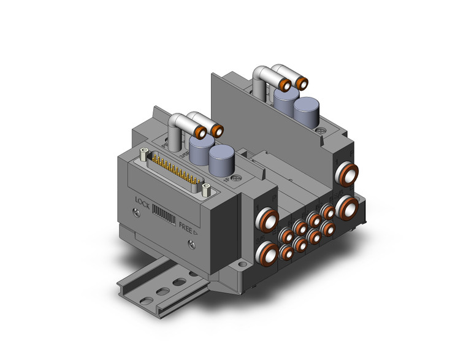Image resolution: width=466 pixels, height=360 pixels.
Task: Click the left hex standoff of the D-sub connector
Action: pyautogui.click(x=144, y=153)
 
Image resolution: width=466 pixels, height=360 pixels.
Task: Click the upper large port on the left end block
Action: pyautogui.click(x=267, y=218)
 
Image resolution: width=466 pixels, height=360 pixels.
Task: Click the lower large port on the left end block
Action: pyautogui.click(x=268, y=250)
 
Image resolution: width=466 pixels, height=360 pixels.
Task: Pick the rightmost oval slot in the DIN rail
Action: pyautogui.click(x=180, y=282)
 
